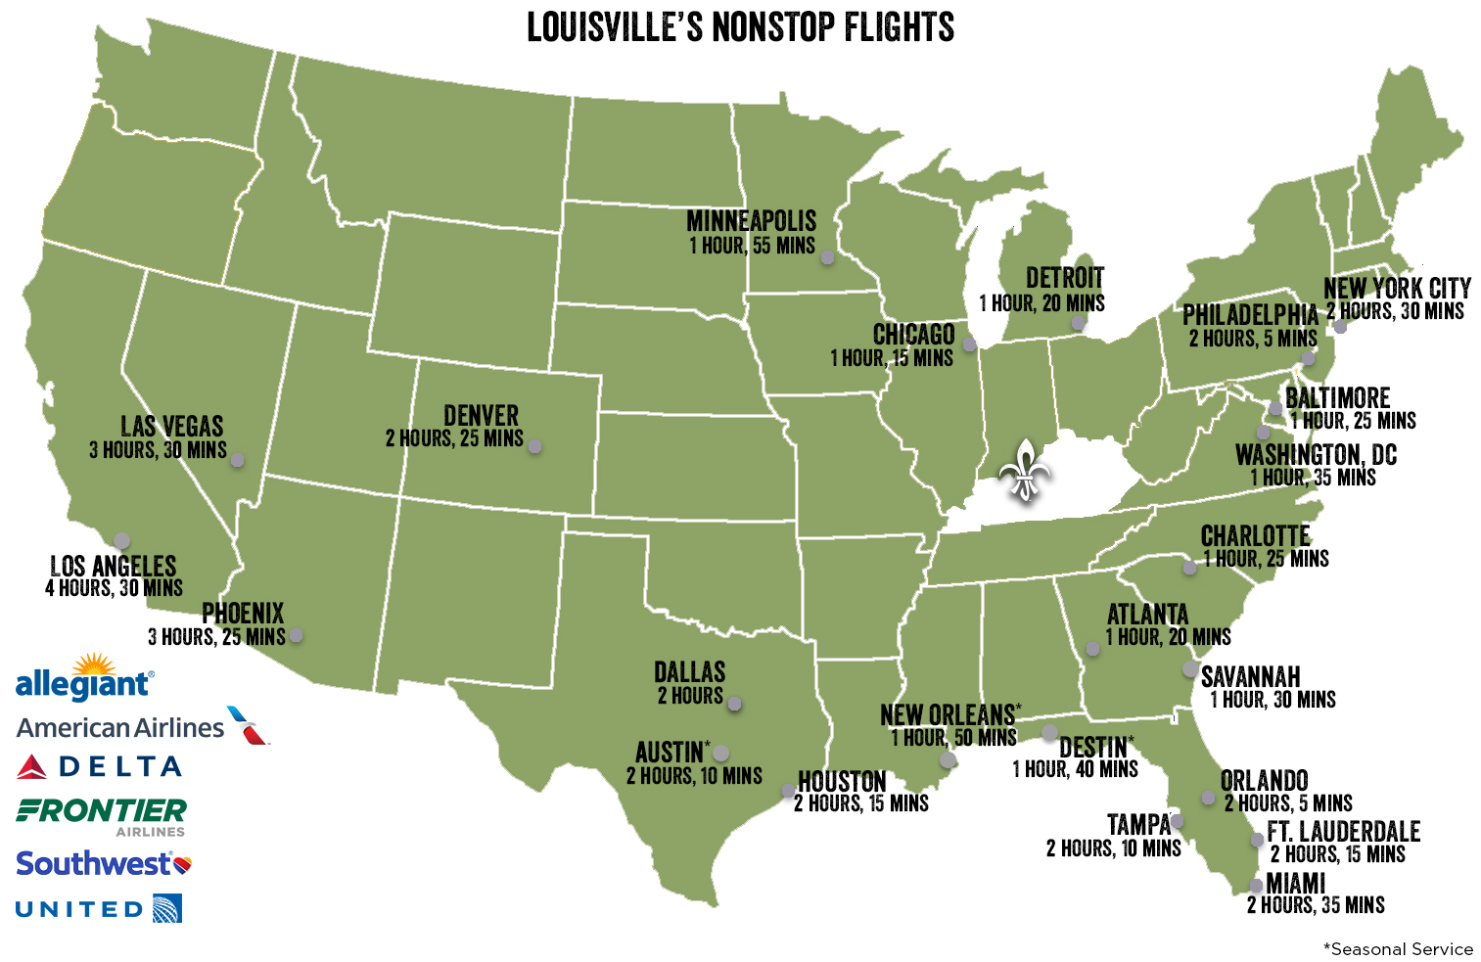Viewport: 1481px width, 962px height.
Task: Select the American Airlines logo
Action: coord(142,727)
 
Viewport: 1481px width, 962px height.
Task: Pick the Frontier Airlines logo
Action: coord(102,814)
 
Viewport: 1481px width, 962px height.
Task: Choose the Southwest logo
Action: coord(103,864)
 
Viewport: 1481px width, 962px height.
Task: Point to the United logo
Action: coord(99,909)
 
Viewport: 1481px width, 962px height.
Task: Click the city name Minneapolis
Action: coord(751,221)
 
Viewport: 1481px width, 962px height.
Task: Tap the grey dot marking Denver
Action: coord(534,446)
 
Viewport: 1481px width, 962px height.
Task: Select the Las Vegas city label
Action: coord(172,427)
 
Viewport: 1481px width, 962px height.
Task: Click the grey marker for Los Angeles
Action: coord(121,540)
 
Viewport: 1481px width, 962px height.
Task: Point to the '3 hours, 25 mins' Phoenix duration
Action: coord(216,637)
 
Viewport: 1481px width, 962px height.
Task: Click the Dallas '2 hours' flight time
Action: coord(690,696)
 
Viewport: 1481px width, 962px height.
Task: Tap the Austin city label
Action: coord(670,753)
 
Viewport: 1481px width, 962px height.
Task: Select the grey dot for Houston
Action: coord(787,791)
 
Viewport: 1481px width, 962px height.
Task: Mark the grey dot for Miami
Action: coord(1256,886)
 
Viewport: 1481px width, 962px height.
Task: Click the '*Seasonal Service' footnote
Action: coord(1398,948)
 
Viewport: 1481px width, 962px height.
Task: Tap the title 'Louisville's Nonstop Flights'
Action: coord(740,27)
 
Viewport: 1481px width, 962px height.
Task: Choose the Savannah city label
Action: coord(1250,677)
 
